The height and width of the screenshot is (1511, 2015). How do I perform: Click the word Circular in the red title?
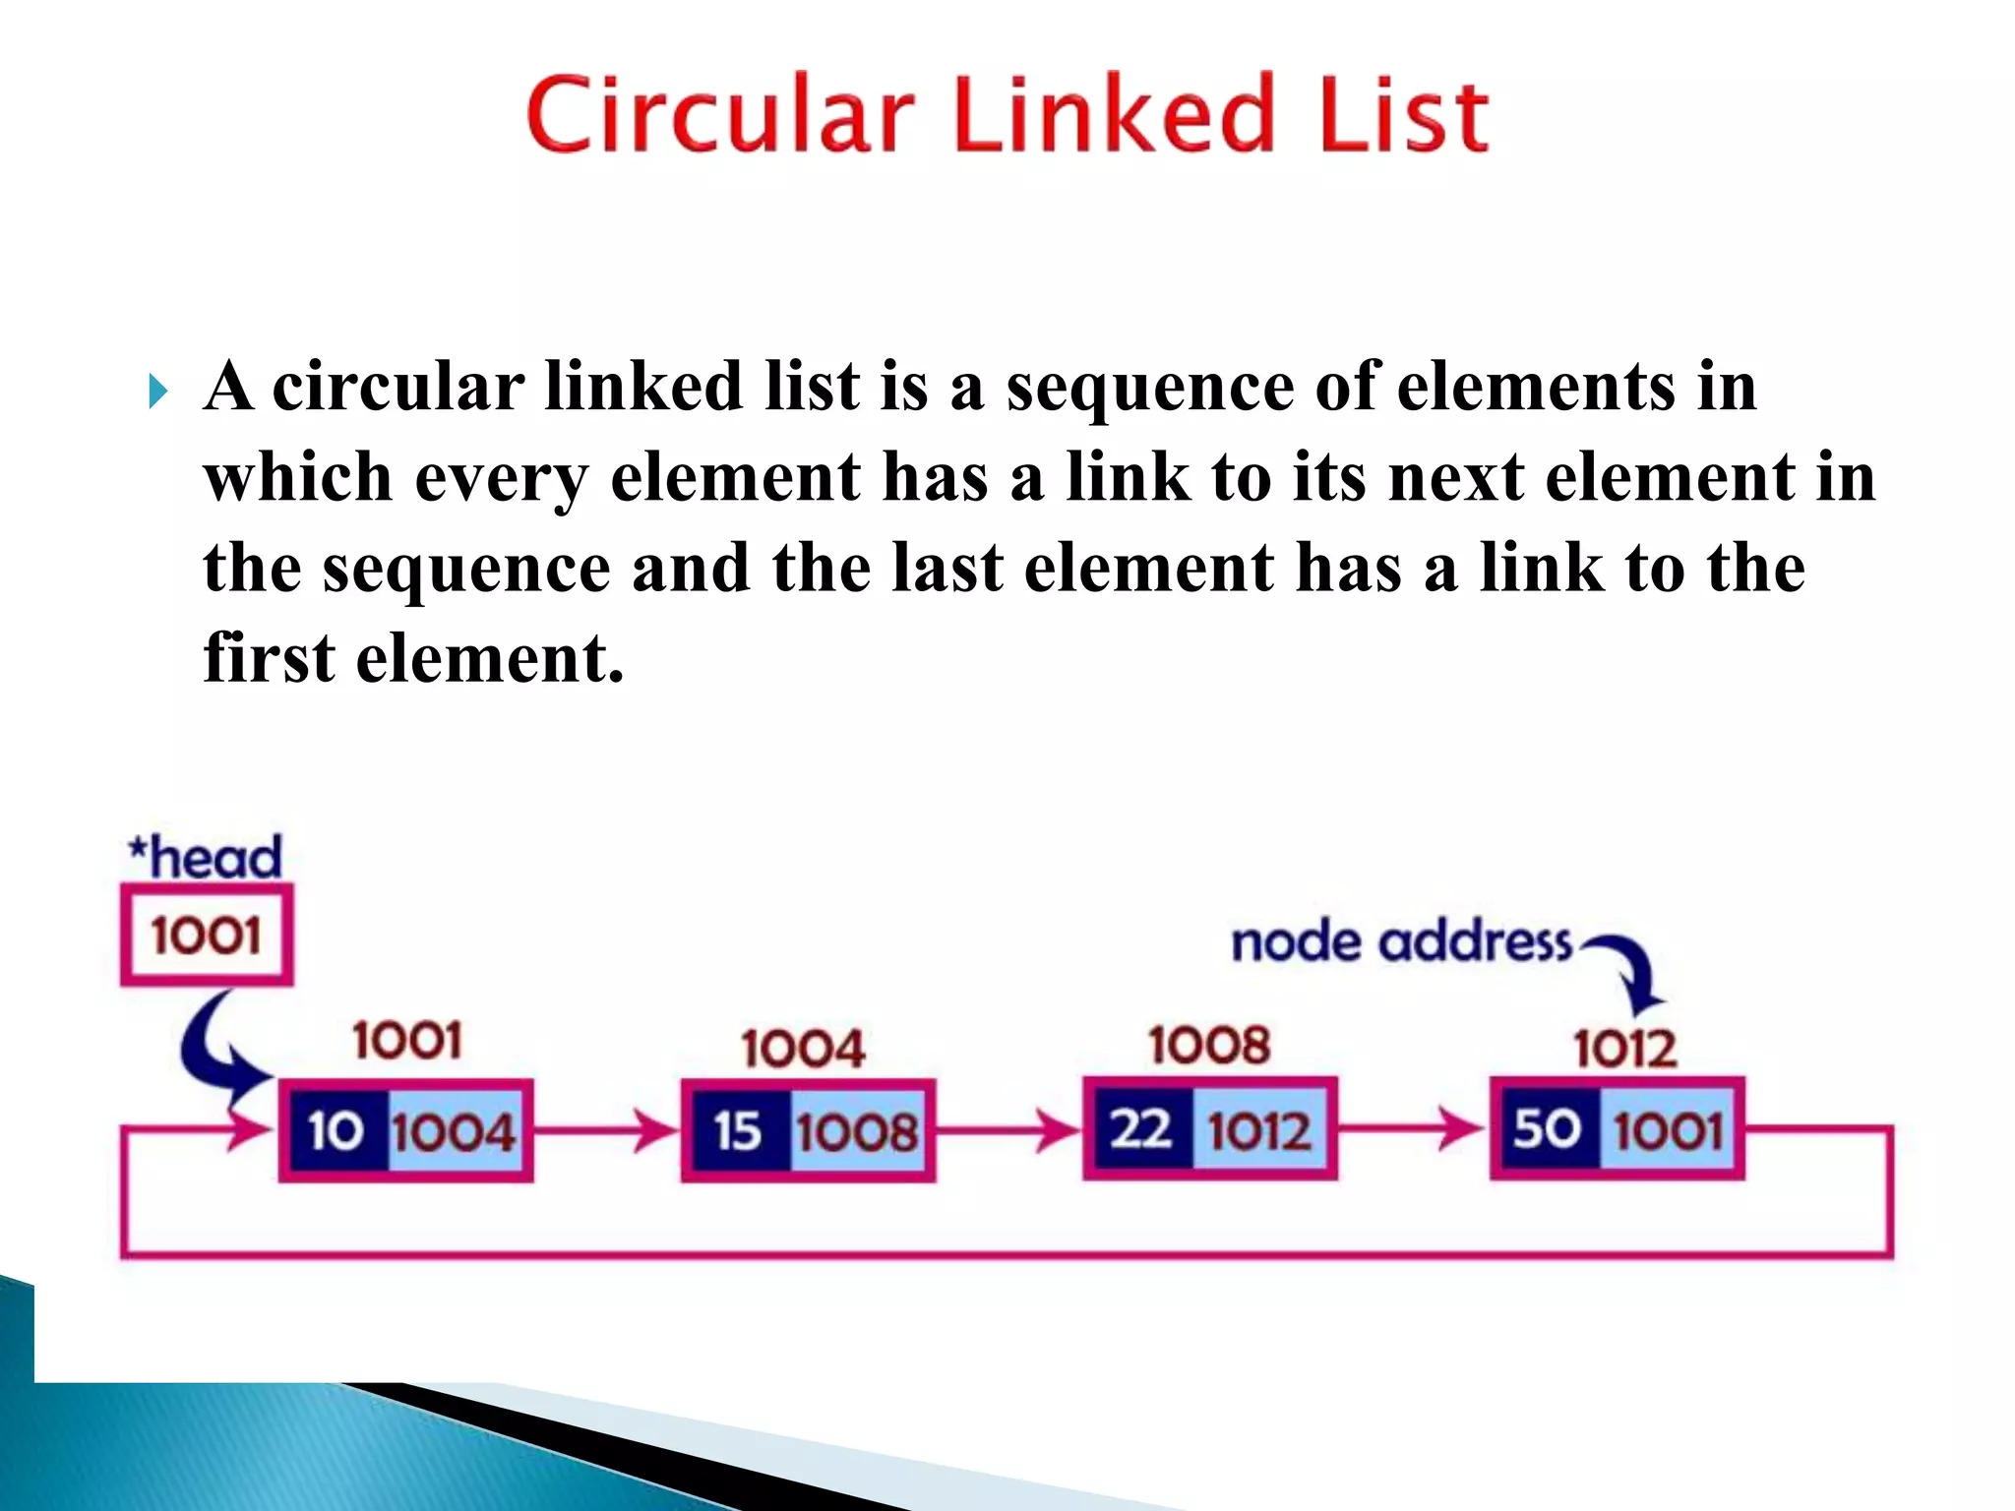pos(720,116)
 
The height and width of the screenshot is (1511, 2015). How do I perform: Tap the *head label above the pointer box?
pos(206,857)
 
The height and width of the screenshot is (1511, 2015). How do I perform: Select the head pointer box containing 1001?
pos(207,935)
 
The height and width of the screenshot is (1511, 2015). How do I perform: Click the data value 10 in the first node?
pos(336,1130)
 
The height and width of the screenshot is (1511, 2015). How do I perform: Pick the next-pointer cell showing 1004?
pos(454,1131)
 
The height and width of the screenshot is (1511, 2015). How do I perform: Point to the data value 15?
pos(738,1130)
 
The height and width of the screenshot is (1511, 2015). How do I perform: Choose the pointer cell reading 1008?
pos(857,1131)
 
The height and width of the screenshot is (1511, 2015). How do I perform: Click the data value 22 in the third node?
pos(1141,1128)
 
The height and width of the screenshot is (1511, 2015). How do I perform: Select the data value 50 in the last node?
pos(1547,1128)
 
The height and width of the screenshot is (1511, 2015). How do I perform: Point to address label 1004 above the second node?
pos(804,1049)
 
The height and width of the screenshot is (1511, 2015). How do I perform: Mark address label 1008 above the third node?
pos(1209,1045)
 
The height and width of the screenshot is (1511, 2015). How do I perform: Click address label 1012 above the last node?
pos(1624,1049)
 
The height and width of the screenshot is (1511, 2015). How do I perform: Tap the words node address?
pos(1401,942)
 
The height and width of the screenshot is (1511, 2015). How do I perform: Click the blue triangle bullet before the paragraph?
pos(157,392)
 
